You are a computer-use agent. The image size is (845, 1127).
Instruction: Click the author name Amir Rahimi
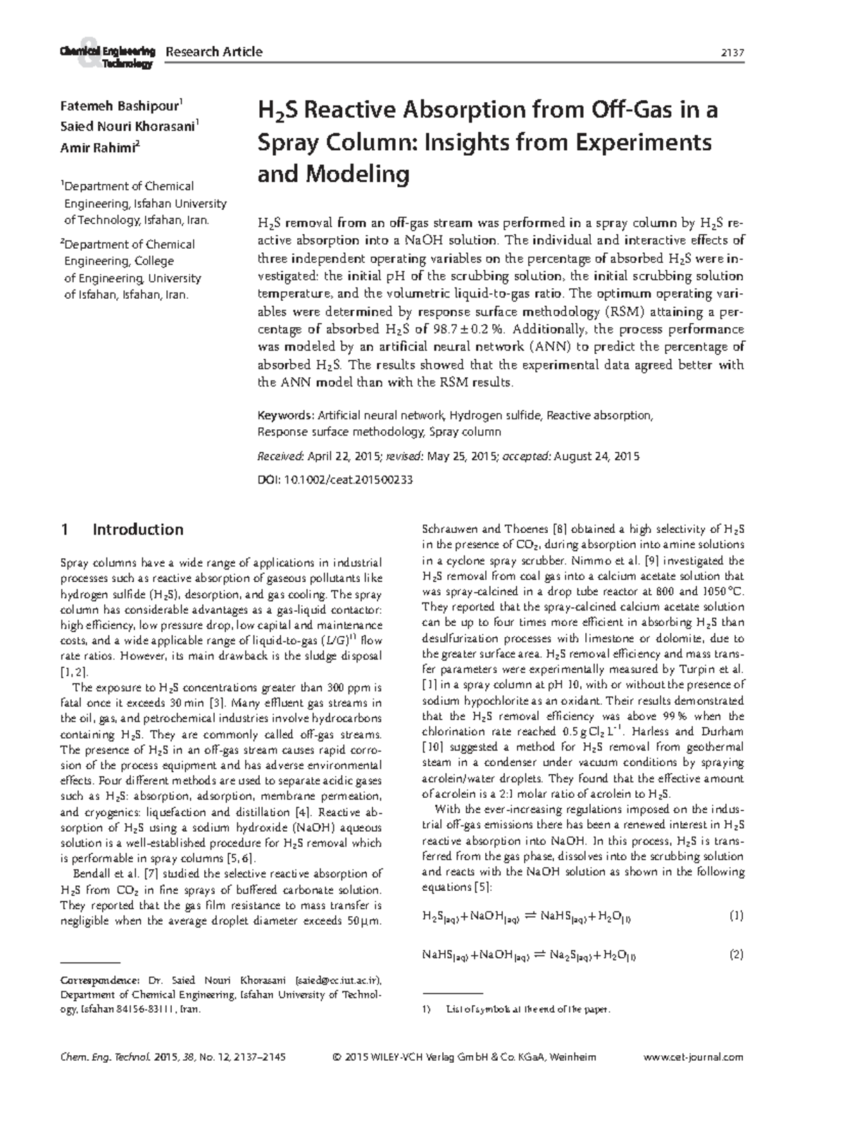point(98,146)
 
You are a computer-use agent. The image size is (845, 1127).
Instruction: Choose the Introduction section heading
point(138,529)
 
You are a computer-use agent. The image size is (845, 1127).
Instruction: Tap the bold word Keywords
point(285,415)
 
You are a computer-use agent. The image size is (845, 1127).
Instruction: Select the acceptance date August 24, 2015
point(596,456)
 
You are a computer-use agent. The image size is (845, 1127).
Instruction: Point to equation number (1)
point(736,916)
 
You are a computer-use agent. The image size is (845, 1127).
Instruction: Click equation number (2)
point(736,955)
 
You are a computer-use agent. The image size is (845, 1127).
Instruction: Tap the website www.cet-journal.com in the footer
point(694,1057)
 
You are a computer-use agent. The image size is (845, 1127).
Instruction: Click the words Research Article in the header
point(213,51)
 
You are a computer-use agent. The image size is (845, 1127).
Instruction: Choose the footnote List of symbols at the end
point(528,1009)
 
